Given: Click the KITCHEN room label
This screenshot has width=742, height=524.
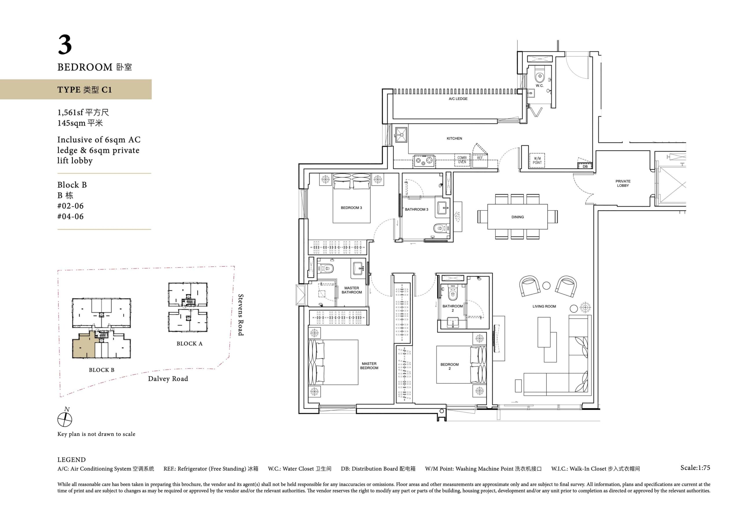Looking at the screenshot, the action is coord(454,138).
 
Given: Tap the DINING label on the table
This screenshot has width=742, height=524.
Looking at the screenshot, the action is coord(517,217).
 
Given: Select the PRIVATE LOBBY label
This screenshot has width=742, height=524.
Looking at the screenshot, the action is coord(623,183).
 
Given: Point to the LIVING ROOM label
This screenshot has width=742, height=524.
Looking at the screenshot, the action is coord(544,306).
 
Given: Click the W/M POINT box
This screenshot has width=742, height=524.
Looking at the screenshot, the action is coord(537,160).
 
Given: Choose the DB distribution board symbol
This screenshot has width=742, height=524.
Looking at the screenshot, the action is coord(585,166).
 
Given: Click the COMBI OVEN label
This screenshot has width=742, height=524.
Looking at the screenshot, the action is coord(462,160).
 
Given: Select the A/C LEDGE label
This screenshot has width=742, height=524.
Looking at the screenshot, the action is coord(458,99).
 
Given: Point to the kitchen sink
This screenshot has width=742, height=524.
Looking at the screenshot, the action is coord(401,134).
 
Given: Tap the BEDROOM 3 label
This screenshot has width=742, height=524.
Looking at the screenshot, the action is coord(351,208).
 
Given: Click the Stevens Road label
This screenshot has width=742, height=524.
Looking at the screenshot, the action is coord(241,315).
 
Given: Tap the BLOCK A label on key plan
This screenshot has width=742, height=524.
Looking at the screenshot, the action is coord(189,344).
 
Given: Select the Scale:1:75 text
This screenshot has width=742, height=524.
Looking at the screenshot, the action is coord(695,468).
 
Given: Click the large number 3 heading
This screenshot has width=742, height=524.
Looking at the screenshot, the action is coord(65,45).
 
